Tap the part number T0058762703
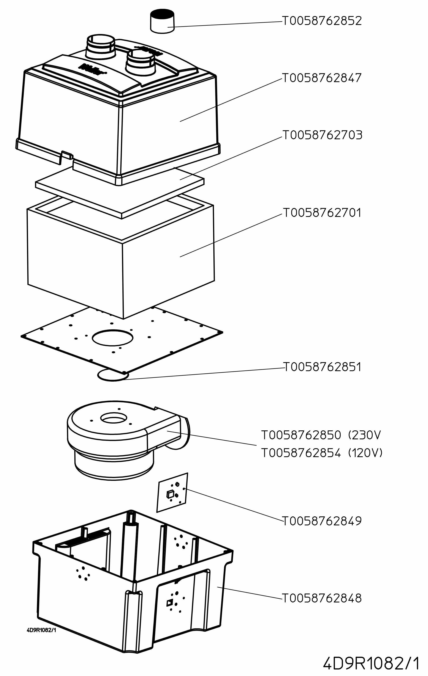point(322,135)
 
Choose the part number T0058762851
point(322,367)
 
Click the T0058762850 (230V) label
point(321,435)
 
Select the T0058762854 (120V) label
point(322,453)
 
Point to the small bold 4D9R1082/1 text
point(41,630)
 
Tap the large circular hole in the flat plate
point(112,338)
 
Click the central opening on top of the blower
point(114,418)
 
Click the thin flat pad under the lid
point(120,191)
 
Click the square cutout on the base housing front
point(170,603)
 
